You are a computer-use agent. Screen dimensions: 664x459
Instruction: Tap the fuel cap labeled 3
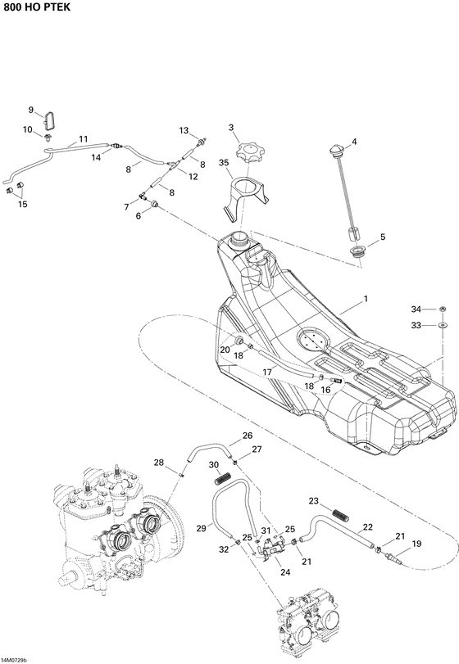[x=247, y=153]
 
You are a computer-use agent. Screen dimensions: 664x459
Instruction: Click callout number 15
[x=22, y=204]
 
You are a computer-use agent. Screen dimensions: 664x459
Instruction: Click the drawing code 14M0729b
[x=14, y=659]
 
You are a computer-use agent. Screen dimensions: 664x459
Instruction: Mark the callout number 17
[x=267, y=372]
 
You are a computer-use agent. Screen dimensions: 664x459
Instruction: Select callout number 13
[x=184, y=130]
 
